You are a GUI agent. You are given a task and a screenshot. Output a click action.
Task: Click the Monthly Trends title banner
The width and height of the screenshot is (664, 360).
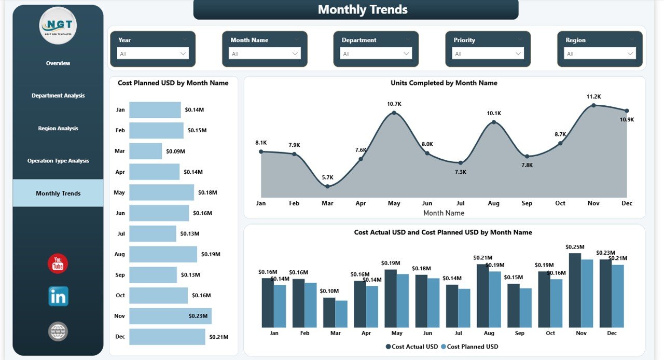356,10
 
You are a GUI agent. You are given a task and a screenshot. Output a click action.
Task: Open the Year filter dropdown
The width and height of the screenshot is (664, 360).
153,53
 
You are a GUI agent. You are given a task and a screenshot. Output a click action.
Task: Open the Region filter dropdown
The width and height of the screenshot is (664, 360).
601,53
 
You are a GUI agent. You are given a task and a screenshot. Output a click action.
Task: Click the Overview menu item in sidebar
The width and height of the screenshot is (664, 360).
58,63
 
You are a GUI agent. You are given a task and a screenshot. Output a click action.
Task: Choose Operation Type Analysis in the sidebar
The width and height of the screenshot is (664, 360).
58,161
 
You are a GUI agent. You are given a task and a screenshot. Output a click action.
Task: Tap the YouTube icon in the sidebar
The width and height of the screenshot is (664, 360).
58,264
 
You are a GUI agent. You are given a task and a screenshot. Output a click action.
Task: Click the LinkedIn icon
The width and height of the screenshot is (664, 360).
58,296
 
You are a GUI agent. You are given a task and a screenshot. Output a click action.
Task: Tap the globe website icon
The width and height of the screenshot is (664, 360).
58,331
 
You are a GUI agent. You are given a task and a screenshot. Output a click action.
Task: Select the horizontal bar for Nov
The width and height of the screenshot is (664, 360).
170,316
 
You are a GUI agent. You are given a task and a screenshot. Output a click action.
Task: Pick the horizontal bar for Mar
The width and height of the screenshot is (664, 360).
146,151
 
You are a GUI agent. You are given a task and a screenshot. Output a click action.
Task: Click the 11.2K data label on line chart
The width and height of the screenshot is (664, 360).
593,97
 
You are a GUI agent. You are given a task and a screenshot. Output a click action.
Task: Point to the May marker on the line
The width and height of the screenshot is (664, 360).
394,112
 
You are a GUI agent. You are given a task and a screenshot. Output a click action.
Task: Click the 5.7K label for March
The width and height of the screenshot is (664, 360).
327,177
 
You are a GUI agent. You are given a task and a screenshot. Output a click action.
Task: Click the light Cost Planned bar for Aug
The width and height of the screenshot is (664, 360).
495,299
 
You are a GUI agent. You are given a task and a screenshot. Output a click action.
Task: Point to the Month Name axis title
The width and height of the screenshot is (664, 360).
444,213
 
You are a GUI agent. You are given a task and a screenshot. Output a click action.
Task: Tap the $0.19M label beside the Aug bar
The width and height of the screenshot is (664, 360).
211,254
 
